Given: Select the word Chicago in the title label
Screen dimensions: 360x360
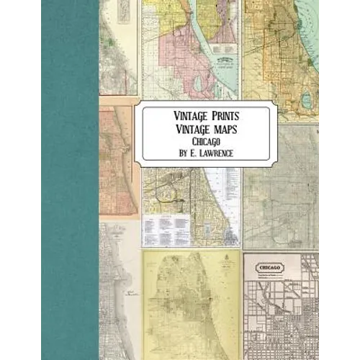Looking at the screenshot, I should pyautogui.click(x=205, y=141).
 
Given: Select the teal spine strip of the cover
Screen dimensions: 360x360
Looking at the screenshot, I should pyautogui.click(x=69, y=180).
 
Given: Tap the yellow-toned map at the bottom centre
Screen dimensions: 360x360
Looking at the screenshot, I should pyautogui.click(x=191, y=302).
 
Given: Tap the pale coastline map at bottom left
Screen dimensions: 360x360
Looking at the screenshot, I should pyautogui.click(x=119, y=288).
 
